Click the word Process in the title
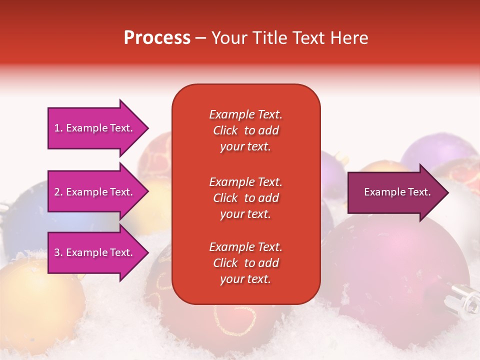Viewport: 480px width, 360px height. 157,38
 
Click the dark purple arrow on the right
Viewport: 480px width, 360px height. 395,192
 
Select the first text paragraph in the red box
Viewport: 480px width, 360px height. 245,130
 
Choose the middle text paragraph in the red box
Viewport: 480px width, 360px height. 245,198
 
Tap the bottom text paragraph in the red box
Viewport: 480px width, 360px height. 245,263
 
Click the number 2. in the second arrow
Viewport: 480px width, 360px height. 58,192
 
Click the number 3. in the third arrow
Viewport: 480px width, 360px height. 58,252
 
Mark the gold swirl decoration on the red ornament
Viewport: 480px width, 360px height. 235,320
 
